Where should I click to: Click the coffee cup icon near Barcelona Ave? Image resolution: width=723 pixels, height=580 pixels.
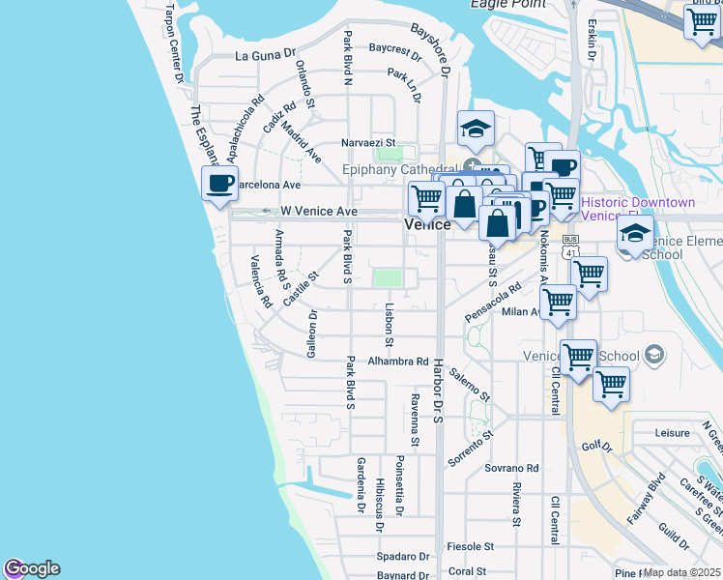(220, 183)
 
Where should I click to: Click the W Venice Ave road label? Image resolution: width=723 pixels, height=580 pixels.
(319, 211)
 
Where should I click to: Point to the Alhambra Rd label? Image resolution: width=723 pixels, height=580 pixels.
(398, 362)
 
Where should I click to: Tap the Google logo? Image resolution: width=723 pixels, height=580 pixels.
(32, 568)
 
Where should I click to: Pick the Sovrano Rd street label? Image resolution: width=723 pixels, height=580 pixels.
(511, 467)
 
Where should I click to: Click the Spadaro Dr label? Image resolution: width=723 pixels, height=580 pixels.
(403, 557)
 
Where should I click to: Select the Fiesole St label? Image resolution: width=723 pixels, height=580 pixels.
(473, 546)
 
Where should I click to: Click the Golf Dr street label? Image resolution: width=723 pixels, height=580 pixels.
(597, 447)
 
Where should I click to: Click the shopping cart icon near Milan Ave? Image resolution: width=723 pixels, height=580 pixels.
(558, 302)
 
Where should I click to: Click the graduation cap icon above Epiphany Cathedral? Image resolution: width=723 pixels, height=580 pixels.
(476, 129)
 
